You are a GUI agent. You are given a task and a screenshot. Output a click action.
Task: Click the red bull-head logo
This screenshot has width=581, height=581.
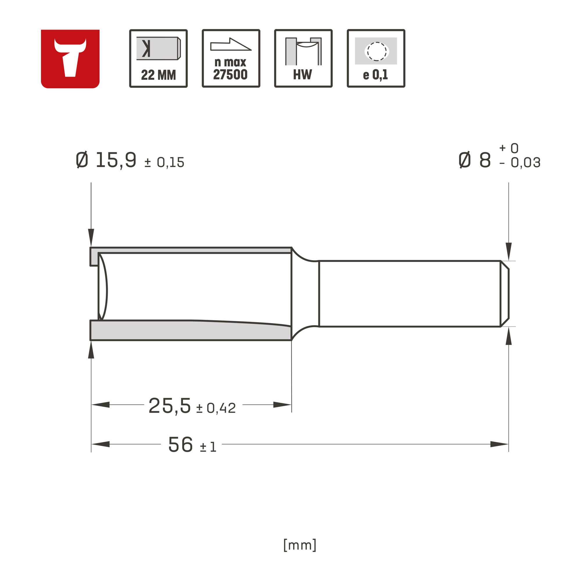(70, 59)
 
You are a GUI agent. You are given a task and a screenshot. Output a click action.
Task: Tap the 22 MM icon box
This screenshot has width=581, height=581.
(159, 58)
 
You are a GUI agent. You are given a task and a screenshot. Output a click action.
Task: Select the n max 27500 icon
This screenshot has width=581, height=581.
(231, 58)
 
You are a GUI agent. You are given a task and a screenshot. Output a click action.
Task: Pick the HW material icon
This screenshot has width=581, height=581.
(304, 58)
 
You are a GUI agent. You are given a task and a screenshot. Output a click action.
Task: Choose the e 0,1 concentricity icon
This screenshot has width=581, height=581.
(376, 58)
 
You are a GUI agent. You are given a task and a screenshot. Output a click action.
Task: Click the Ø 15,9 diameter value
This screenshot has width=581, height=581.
(106, 160)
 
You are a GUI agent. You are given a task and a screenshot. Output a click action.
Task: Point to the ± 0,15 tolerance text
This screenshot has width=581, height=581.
(164, 163)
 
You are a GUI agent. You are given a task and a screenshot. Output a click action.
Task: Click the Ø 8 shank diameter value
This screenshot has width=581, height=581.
(475, 160)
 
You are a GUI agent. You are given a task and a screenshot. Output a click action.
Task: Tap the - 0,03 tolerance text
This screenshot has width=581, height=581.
(520, 163)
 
